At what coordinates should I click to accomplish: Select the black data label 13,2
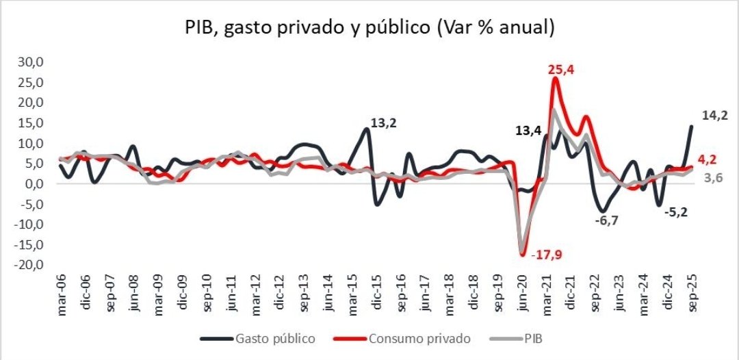click(x=384, y=124)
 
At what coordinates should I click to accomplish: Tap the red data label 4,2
click(x=711, y=159)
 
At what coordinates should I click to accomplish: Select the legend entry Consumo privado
click(x=417, y=338)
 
